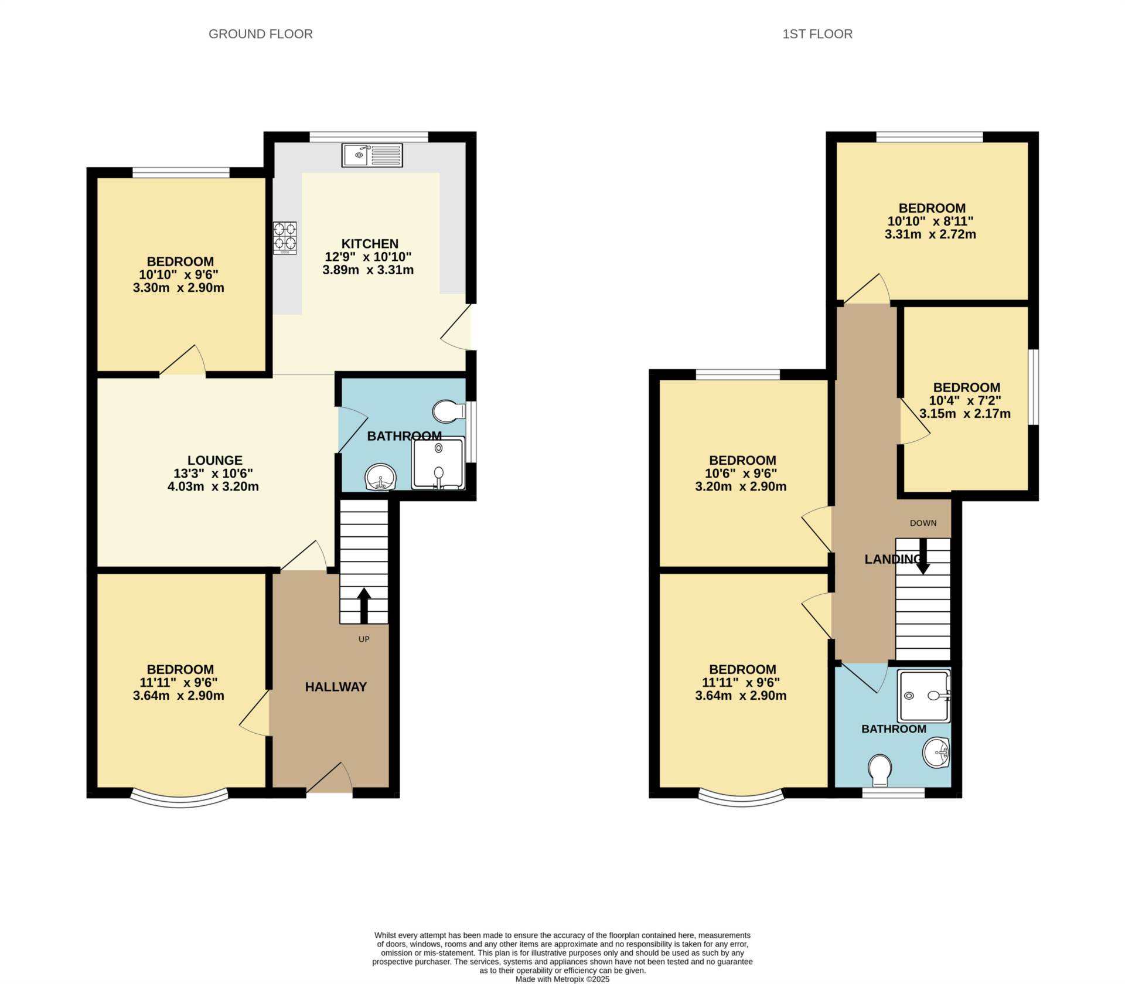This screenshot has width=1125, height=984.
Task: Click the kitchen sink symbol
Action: pyautogui.click(x=372, y=155)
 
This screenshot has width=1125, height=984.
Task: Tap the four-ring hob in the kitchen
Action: pyautogui.click(x=285, y=237)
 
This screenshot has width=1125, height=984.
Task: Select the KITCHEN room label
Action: pyautogui.click(x=370, y=244)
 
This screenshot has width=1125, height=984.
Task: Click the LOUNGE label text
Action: pyautogui.click(x=215, y=461)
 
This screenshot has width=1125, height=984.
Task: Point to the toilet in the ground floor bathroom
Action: pyautogui.click(x=449, y=411)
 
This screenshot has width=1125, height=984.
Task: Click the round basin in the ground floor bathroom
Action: pyautogui.click(x=380, y=477)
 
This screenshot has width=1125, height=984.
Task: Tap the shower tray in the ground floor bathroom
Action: pyautogui.click(x=438, y=463)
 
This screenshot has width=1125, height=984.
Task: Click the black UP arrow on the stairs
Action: pyautogui.click(x=364, y=606)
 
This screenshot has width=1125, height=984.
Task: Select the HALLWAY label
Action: pyautogui.click(x=336, y=687)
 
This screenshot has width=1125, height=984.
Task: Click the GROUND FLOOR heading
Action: pyautogui.click(x=261, y=34)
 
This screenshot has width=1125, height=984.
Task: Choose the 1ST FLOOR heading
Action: pyautogui.click(x=817, y=34)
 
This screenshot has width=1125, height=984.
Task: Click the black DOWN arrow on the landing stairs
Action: pyautogui.click(x=923, y=562)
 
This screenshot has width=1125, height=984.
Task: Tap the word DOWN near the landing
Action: pyautogui.click(x=923, y=523)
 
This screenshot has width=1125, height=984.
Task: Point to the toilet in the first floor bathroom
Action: pyautogui.click(x=880, y=770)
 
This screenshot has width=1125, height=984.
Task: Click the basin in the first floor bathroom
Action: pyautogui.click(x=936, y=753)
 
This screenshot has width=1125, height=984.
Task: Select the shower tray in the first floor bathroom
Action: pyautogui.click(x=924, y=696)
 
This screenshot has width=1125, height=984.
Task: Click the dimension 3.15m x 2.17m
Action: pyautogui.click(x=965, y=414)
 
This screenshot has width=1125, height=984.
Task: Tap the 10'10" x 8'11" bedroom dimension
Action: pyautogui.click(x=930, y=222)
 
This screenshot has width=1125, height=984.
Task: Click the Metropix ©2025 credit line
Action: pyautogui.click(x=562, y=979)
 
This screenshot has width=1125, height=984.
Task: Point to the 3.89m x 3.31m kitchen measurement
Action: pyautogui.click(x=368, y=270)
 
